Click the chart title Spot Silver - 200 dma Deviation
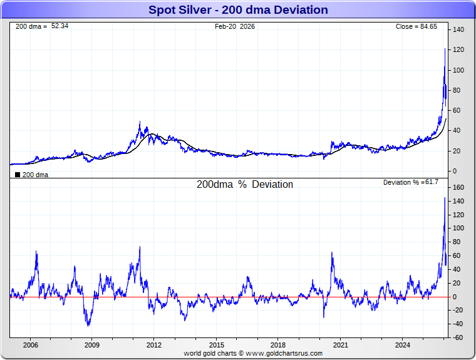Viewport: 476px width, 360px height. coord(238,10)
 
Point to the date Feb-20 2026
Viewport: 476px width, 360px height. coord(235,26)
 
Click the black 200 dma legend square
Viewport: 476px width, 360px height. coord(17,175)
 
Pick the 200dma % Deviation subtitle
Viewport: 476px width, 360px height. coord(245,185)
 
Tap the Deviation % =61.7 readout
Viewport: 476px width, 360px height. coord(411,182)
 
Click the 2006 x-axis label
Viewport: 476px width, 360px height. coord(30,345)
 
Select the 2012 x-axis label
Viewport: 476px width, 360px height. coord(154,345)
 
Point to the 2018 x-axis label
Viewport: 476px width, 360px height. coord(278,345)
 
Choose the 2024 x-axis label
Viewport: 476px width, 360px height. coord(403,345)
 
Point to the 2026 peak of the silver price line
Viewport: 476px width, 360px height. coord(445,49)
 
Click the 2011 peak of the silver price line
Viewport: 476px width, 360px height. coord(140,121)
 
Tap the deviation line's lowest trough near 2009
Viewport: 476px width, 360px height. coord(89,326)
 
